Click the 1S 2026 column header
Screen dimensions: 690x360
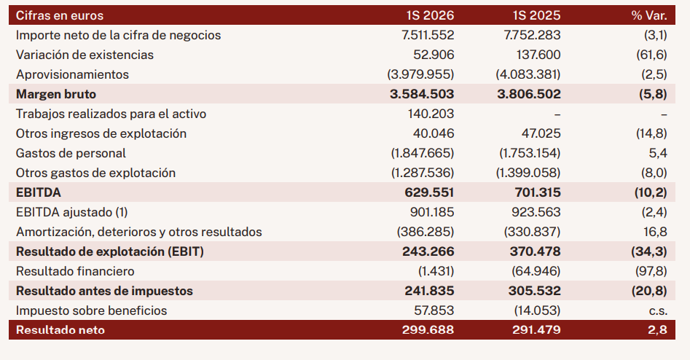pos(430,15)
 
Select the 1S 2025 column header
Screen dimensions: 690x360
pos(536,15)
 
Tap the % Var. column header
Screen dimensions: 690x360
pos(649,15)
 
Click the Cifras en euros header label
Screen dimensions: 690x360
pos(60,15)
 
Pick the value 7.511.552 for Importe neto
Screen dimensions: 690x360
pos(428,35)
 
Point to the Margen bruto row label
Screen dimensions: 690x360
pos(56,94)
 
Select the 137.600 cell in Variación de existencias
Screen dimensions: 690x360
pos(538,55)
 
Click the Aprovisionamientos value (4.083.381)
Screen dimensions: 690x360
pos(528,74)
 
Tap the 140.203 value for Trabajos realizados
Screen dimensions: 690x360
pos(431,114)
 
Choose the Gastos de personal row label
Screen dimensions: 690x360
pos(71,153)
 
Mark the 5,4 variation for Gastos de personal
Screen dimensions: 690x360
pos(658,153)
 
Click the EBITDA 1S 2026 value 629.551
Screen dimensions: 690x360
pos(429,193)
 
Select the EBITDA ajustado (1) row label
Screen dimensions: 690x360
pos(71,212)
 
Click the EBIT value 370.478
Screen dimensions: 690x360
pos(535,251)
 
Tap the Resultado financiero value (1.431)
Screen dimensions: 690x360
pos(436,271)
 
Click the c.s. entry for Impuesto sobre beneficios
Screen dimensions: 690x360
pos(658,310)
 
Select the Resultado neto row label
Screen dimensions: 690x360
pos(60,330)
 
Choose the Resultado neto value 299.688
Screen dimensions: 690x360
pos(428,330)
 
